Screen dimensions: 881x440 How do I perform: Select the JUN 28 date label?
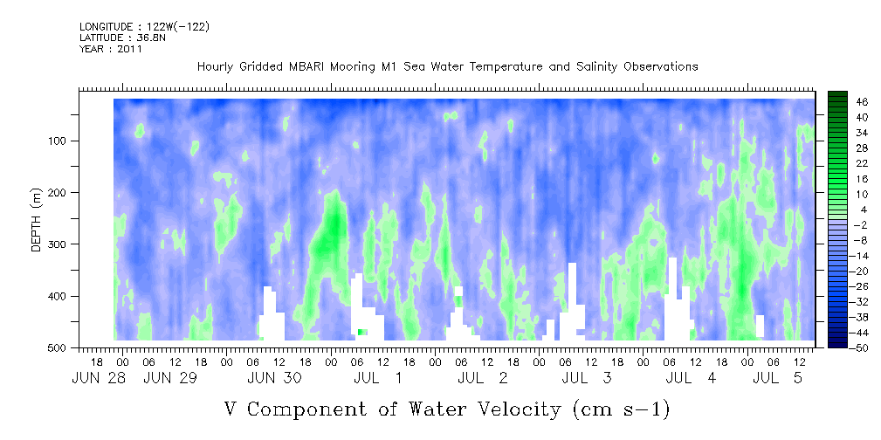[99, 378]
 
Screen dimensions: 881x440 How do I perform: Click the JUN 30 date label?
[275, 378]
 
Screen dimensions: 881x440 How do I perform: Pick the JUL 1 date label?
[377, 378]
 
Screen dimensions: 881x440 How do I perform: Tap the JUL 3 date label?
[587, 378]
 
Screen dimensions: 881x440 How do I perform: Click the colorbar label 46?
[847, 102]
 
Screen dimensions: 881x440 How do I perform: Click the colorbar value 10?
[847, 194]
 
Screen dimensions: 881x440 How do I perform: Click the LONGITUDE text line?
[145, 26]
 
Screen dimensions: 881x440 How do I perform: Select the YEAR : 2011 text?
[111, 49]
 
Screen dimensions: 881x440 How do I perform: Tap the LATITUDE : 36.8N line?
[122, 38]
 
